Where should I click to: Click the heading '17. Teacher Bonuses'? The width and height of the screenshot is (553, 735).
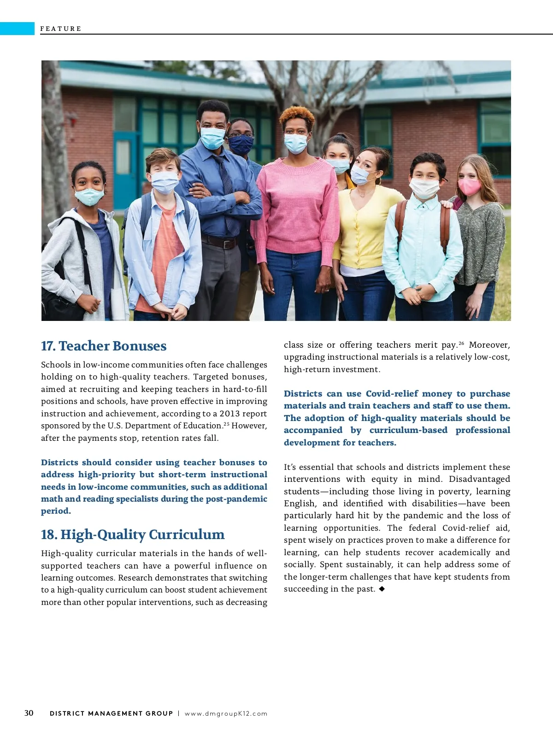point(104,346)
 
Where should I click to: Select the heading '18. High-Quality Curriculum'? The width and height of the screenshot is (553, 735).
point(133,535)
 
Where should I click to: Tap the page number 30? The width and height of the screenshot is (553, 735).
point(29,713)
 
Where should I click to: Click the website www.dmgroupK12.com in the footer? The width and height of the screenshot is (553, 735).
point(226,713)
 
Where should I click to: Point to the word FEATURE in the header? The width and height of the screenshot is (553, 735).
point(61,29)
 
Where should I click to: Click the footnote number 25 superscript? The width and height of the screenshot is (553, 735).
point(226,424)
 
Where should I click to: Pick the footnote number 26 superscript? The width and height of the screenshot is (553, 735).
point(461,343)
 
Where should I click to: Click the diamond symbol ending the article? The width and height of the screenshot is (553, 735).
point(382,589)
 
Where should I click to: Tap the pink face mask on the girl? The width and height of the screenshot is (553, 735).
point(469,187)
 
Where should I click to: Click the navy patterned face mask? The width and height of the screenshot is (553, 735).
point(241,145)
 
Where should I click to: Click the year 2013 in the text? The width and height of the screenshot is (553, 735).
point(229,414)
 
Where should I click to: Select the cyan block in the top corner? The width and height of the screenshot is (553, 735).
point(17,29)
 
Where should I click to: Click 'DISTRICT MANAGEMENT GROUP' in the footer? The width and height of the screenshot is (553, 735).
point(111,713)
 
